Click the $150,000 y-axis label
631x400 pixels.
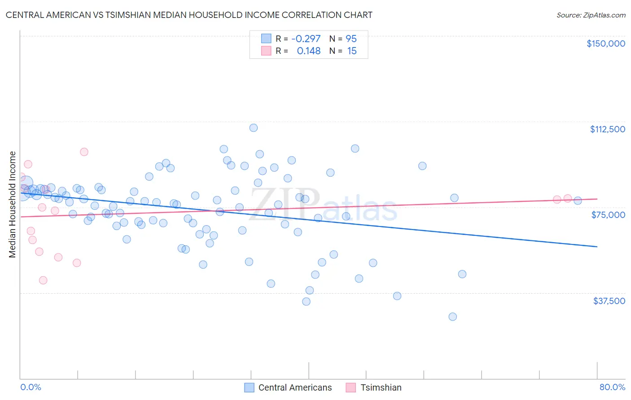pyautogui.click(x=605, y=43)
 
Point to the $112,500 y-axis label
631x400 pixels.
pyautogui.click(x=607, y=129)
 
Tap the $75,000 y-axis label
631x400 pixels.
pyautogui.click(x=608, y=215)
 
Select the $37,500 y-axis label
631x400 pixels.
pyautogui.click(x=609, y=301)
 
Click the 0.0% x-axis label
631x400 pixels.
pyautogui.click(x=31, y=387)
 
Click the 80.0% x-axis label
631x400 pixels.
pyautogui.click(x=612, y=387)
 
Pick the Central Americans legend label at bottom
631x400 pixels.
pyautogui.click(x=295, y=387)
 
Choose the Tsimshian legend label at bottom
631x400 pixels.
pyautogui.click(x=381, y=387)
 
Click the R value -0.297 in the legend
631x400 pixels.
pyautogui.click(x=306, y=39)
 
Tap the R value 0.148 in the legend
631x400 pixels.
pyautogui.click(x=308, y=51)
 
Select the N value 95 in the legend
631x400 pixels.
pyautogui.click(x=351, y=39)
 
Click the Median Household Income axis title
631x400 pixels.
pyautogui.click(x=13, y=204)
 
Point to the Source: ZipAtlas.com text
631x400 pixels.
pyautogui.click(x=591, y=15)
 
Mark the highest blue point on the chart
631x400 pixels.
pyautogui.click(x=254, y=128)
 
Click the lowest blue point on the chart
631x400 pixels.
pyautogui.click(x=453, y=317)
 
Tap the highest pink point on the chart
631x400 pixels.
pyautogui.click(x=84, y=152)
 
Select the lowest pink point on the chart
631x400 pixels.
pyautogui.click(x=43, y=280)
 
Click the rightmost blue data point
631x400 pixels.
pyautogui.click(x=578, y=200)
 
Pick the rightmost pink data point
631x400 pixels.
pyautogui.click(x=567, y=199)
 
